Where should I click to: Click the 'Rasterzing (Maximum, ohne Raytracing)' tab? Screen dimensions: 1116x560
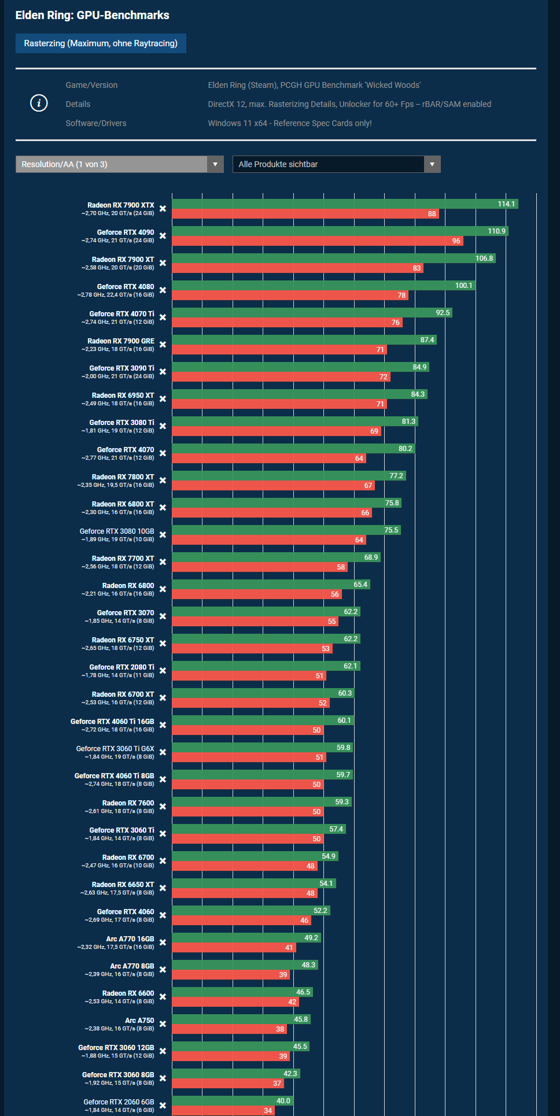pyautogui.click(x=101, y=43)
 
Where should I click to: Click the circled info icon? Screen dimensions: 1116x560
pyautogui.click(x=39, y=104)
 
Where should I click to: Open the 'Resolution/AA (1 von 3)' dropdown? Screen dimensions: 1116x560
pyautogui.click(x=119, y=164)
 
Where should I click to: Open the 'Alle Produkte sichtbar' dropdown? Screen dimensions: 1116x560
pyautogui.click(x=336, y=164)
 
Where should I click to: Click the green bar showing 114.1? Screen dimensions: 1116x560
pyautogui.click(x=344, y=204)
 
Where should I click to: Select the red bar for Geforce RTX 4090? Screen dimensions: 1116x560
pyautogui.click(x=317, y=241)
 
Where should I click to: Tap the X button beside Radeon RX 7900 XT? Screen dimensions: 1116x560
pyautogui.click(x=163, y=263)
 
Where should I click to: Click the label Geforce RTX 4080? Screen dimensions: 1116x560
pyautogui.click(x=126, y=287)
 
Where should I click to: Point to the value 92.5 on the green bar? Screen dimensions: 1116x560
pyautogui.click(x=443, y=313)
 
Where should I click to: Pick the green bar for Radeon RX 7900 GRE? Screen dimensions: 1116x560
pyautogui.click(x=304, y=340)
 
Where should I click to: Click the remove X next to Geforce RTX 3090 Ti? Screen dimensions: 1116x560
pyautogui.click(x=163, y=372)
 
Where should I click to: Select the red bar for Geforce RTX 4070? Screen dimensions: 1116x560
pyautogui.click(x=268, y=459)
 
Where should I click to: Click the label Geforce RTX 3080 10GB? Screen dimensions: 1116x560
pyautogui.click(x=117, y=531)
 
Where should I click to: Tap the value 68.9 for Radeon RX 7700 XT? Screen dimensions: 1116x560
pyautogui.click(x=371, y=557)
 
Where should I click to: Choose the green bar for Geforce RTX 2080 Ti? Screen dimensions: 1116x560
pyautogui.click(x=266, y=666)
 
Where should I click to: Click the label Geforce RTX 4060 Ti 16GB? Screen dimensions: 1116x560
pyautogui.click(x=112, y=722)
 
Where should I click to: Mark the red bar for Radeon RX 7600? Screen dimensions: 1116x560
pyautogui.click(x=248, y=812)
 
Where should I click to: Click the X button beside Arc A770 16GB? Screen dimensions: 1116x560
pyautogui.click(x=163, y=943)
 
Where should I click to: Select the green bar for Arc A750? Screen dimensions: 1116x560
pyautogui.click(x=241, y=1019)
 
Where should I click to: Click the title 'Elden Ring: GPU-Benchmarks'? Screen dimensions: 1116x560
pyautogui.click(x=93, y=15)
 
